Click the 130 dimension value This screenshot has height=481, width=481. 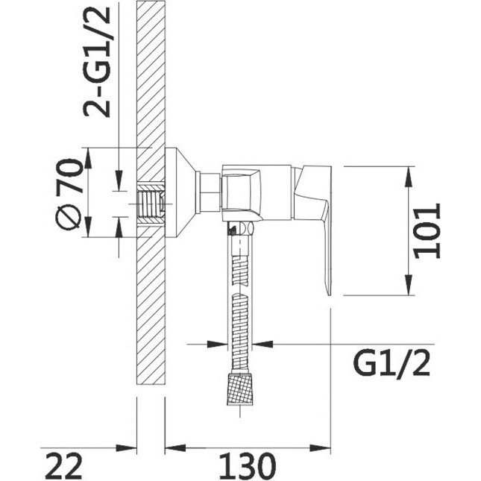pyautogui.click(x=247, y=466)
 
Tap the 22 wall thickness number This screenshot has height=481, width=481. pyautogui.click(x=64, y=466)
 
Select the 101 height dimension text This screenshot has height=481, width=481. pyautogui.click(x=427, y=230)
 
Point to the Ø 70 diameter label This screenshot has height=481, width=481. pyautogui.click(x=69, y=194)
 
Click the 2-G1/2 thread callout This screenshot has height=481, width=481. pyautogui.click(x=97, y=62)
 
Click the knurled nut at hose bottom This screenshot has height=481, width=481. pyautogui.click(x=240, y=389)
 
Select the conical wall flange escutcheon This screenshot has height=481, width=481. pyautogui.click(x=180, y=192)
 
